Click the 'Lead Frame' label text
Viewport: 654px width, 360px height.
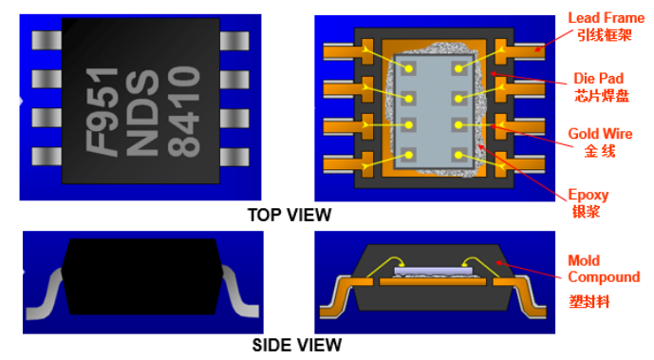click(x=606, y=18)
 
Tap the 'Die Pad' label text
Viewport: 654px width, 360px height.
click(x=599, y=79)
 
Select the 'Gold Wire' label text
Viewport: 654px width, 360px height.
click(x=600, y=134)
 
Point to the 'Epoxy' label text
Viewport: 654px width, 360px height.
click(x=589, y=195)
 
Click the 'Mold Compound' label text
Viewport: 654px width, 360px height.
click(x=604, y=269)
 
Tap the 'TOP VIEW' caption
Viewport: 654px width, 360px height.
click(x=290, y=216)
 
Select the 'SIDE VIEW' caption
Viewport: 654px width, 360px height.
click(x=297, y=346)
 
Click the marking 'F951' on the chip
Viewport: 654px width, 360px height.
click(x=103, y=112)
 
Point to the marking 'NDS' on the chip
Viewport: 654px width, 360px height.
click(x=141, y=112)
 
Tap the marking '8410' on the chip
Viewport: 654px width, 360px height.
click(x=184, y=112)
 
